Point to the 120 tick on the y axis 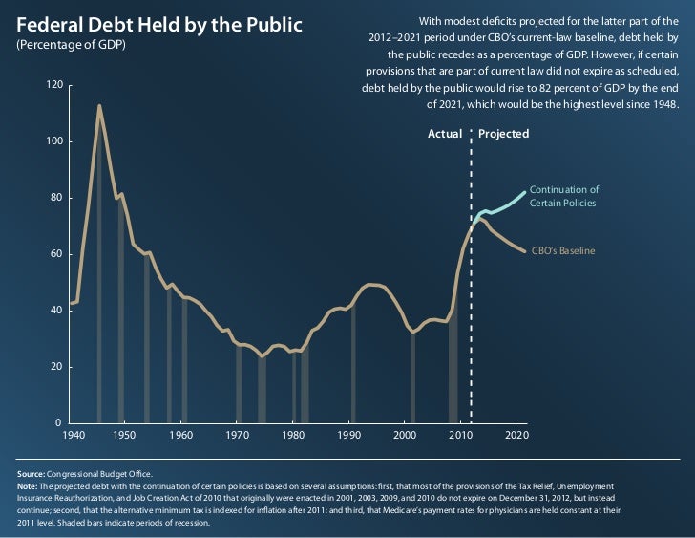coord(54,85)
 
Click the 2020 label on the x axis coord(516,435)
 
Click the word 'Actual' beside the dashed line coord(444,134)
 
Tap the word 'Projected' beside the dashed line coord(503,134)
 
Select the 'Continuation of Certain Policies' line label coord(563,196)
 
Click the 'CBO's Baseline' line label coord(563,251)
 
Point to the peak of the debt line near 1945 coord(99,106)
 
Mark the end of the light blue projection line coord(525,192)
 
